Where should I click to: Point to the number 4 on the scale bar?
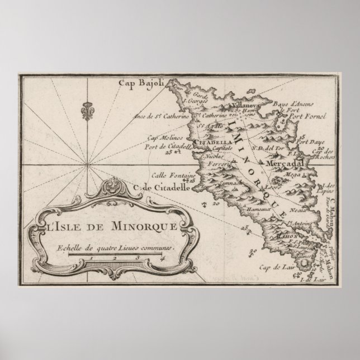coord(162,258)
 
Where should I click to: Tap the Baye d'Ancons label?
coord(309,104)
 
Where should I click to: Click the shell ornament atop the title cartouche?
coord(115,184)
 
